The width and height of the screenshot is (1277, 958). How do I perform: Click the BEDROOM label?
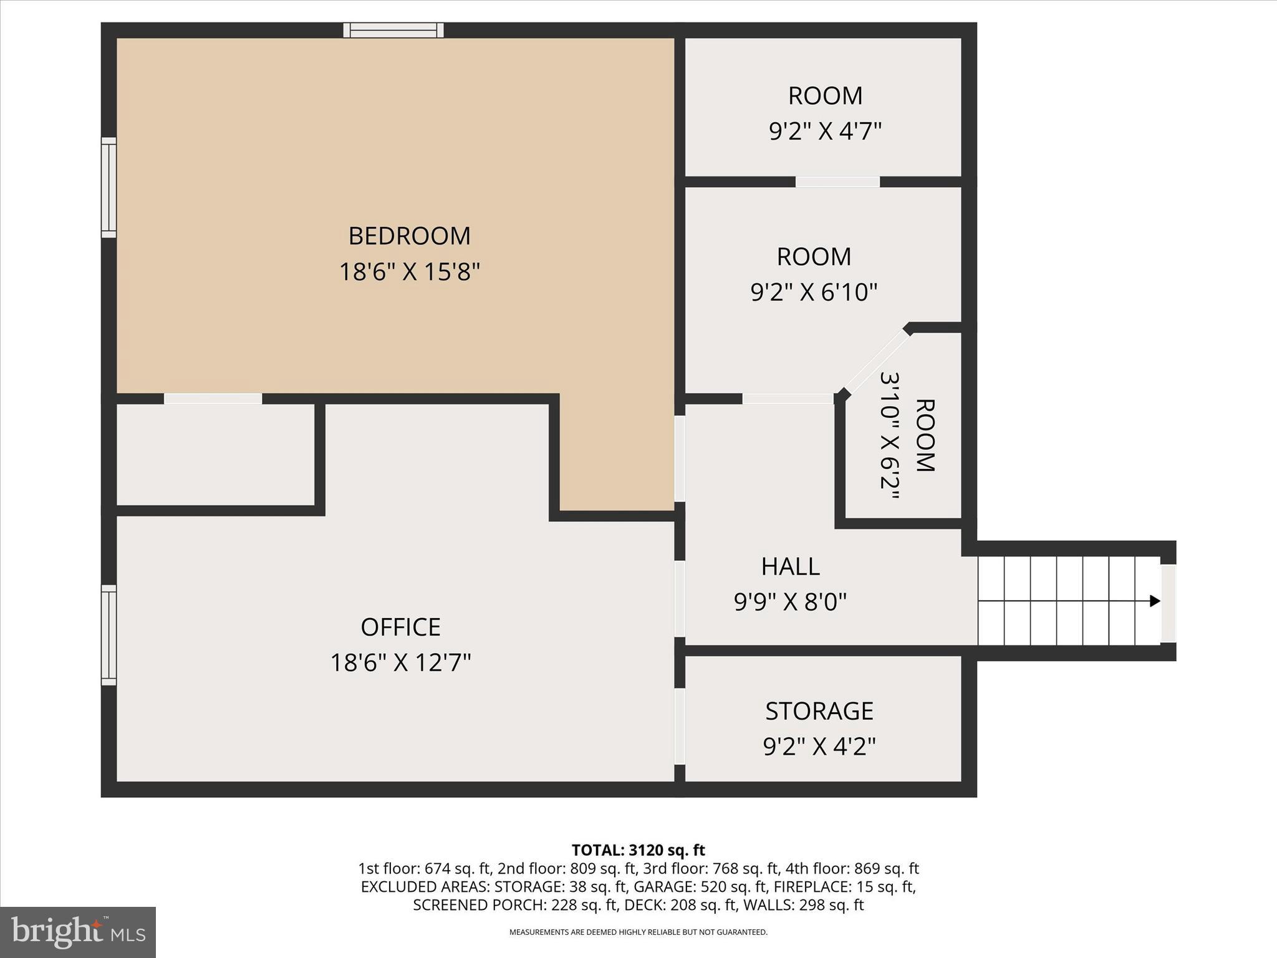[409, 236]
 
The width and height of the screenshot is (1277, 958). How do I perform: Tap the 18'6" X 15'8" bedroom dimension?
[409, 272]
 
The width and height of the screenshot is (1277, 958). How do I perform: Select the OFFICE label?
[400, 627]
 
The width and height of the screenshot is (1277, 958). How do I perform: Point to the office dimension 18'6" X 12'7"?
[400, 662]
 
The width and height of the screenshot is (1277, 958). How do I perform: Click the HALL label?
[790, 566]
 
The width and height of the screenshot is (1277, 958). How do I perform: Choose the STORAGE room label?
[819, 711]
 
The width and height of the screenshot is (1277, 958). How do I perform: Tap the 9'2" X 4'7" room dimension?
[825, 132]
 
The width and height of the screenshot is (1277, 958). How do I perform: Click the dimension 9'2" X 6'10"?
[814, 292]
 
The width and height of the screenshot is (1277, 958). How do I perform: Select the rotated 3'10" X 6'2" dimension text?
[890, 435]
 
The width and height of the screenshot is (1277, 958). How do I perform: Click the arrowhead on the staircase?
[1155, 601]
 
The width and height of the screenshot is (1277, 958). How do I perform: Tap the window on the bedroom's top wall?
[393, 30]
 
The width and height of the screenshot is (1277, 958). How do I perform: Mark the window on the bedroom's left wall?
[109, 187]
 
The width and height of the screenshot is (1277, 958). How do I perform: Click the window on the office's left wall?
[109, 635]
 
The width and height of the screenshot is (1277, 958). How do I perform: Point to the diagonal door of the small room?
[876, 362]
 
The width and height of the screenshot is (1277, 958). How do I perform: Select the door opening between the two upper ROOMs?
[837, 181]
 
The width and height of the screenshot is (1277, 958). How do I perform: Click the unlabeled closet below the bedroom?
[215, 454]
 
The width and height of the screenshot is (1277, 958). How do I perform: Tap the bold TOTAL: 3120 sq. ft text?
[638, 850]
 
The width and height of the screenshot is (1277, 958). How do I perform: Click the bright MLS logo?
[78, 932]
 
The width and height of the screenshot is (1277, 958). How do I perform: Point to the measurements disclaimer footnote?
[638, 932]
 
